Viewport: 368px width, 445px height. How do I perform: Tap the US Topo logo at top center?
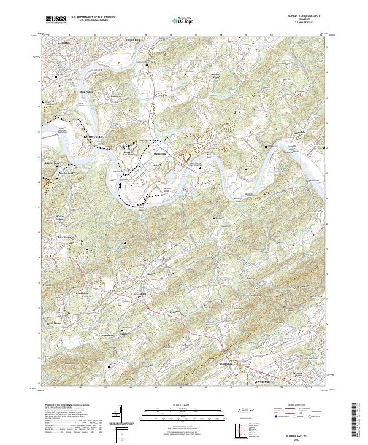click(x=184, y=21)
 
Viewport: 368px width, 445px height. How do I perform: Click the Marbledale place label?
click(x=159, y=154)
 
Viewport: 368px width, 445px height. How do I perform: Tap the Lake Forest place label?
click(x=64, y=236)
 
